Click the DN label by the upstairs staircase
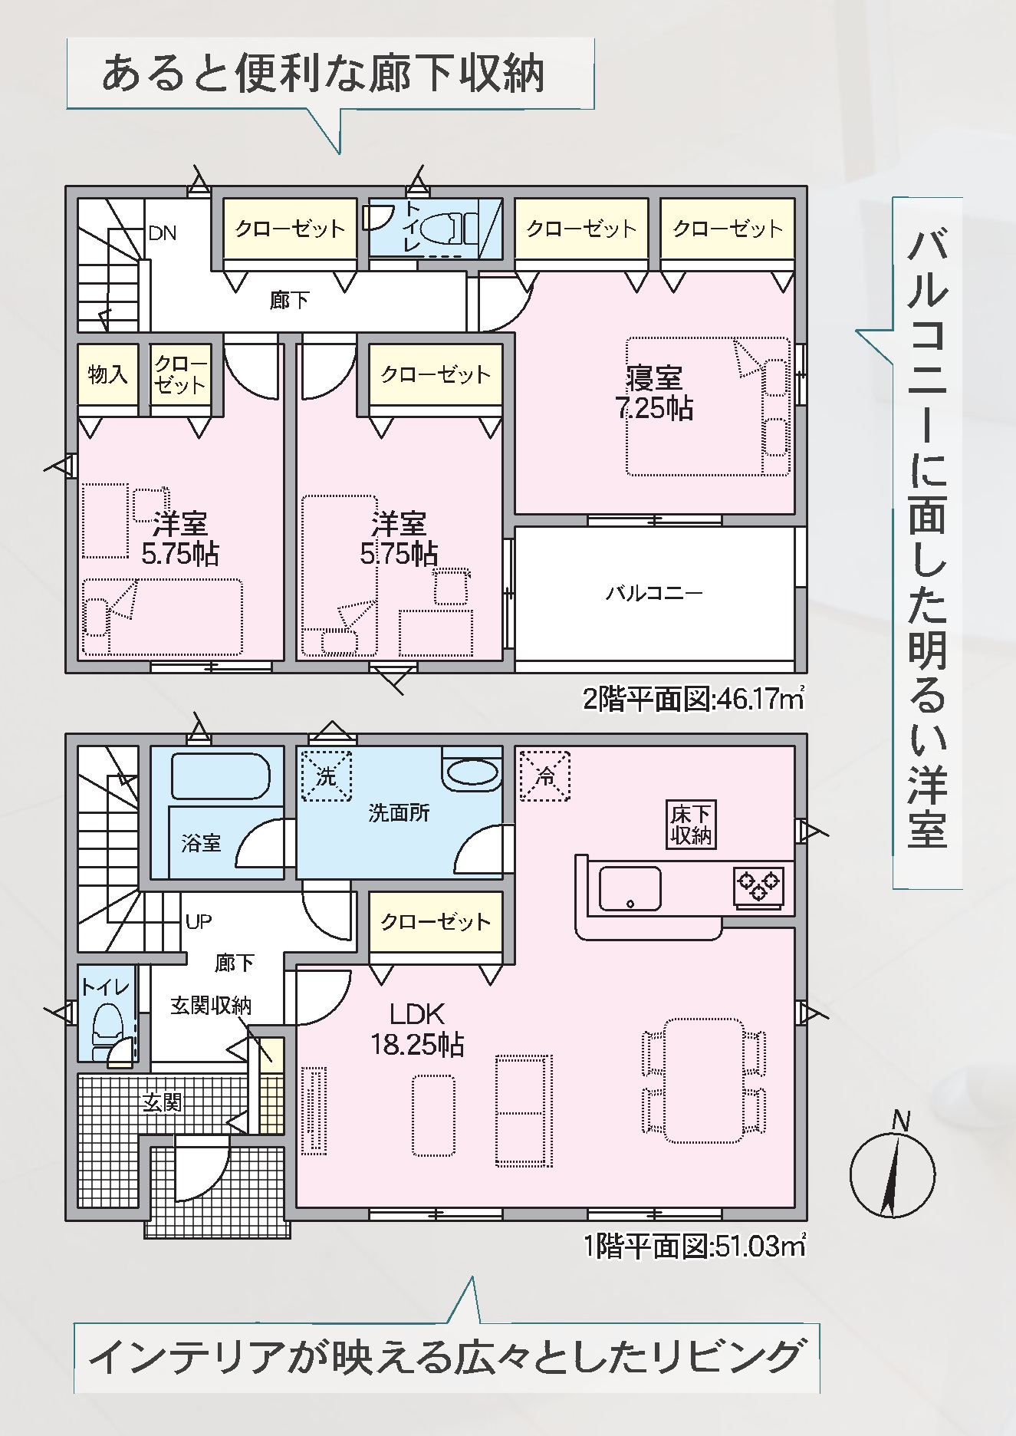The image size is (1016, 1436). (162, 232)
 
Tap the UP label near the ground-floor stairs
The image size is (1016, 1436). (199, 921)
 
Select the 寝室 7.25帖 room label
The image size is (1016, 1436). (654, 394)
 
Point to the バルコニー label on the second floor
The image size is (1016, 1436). (654, 593)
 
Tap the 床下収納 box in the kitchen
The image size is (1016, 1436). (691, 825)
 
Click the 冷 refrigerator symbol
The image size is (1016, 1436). (545, 776)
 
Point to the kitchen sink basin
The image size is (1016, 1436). (630, 888)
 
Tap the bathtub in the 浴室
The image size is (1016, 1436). (219, 777)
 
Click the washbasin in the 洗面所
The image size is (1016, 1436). (472, 772)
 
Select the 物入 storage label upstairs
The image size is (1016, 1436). (107, 374)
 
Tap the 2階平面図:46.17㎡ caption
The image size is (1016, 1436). (694, 700)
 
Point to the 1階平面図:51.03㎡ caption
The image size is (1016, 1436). (694, 1247)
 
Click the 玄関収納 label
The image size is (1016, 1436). (211, 1006)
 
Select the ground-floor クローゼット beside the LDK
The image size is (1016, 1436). (436, 921)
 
